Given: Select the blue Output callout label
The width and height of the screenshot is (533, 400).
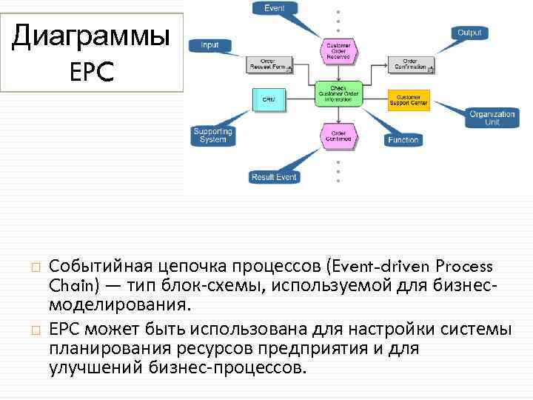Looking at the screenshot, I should tap(469, 33).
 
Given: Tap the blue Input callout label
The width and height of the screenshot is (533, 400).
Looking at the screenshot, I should tap(209, 45).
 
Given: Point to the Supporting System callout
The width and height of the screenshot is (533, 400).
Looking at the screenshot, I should tap(212, 136).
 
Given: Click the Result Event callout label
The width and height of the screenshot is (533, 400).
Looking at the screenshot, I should tap(273, 177).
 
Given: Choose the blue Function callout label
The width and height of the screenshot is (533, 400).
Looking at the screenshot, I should tap(403, 140).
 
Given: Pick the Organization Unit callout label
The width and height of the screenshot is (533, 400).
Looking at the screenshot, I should tap(492, 118).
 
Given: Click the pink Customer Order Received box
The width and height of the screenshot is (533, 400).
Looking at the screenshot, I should tap(338, 50).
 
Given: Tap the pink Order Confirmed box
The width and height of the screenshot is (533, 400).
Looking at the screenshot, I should tap(338, 134).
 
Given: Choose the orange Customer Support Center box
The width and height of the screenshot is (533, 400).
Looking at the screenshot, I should tap(408, 99).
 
